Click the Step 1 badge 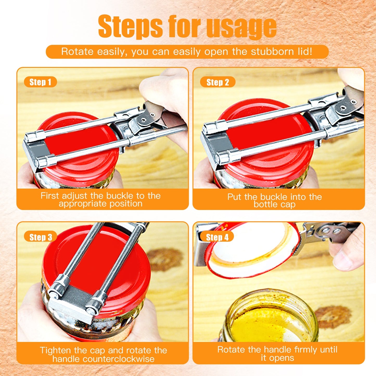[40, 82]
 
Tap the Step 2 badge [218, 82]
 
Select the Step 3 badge [41, 237]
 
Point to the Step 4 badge [217, 237]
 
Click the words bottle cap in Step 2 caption [275, 205]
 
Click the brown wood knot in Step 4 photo [333, 316]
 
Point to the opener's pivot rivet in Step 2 [344, 107]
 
